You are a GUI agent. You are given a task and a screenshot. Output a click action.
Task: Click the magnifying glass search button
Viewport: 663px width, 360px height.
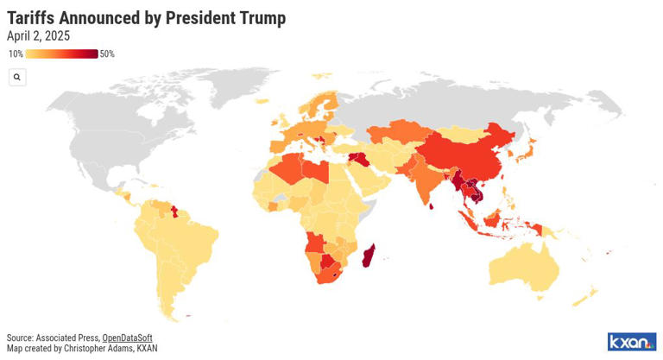click(16, 77)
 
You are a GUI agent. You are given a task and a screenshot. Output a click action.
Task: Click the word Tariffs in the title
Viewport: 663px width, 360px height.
click(33, 17)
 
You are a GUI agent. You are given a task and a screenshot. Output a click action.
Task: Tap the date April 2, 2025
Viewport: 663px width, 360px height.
click(39, 36)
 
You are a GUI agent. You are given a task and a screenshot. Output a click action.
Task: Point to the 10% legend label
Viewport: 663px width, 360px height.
click(16, 54)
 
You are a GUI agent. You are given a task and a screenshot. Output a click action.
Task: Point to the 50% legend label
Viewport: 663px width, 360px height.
click(107, 54)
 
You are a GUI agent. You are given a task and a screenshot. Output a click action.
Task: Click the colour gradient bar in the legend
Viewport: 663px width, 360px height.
click(61, 54)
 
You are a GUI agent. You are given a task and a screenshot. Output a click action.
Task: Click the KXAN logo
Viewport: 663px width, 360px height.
click(631, 341)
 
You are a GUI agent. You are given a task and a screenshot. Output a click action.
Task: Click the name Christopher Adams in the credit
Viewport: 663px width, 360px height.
click(97, 348)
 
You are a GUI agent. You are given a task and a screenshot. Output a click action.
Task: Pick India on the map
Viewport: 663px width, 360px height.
click(425, 184)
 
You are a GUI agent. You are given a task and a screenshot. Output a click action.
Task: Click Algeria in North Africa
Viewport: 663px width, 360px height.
click(293, 168)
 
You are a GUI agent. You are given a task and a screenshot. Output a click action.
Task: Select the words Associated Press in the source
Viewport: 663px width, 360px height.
click(68, 338)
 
